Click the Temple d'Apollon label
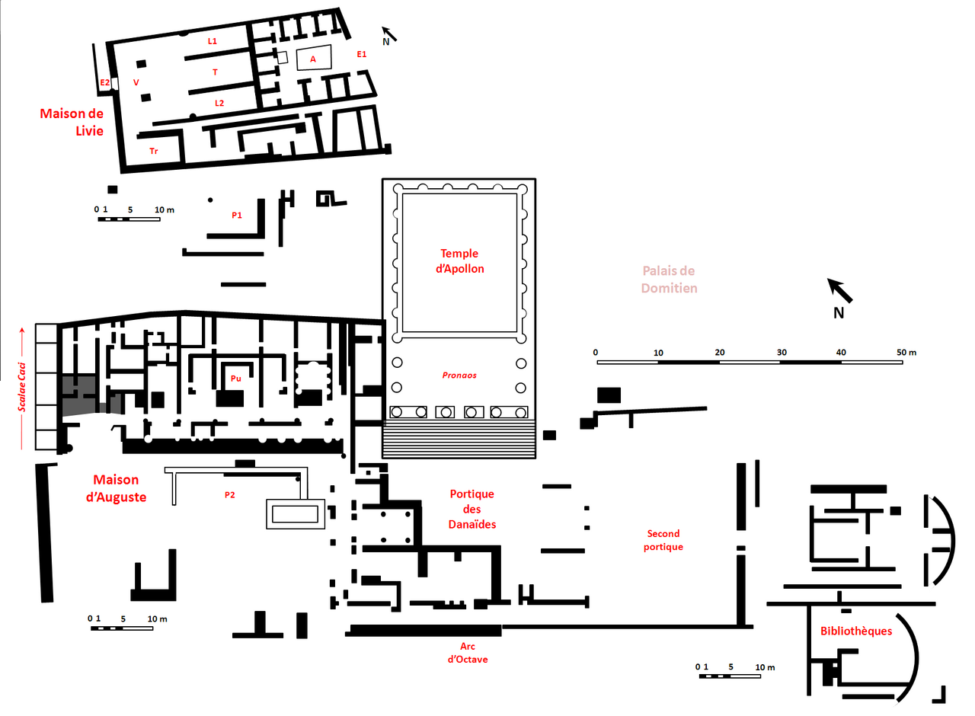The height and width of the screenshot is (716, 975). pos(459,261)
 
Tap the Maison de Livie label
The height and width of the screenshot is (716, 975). pos(72,123)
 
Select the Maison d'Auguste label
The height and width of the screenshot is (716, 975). pos(117,488)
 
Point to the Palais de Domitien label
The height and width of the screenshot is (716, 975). pos(669,280)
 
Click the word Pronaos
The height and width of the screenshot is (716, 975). pos(459,376)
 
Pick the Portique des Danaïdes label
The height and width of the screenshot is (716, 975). pos(472,510)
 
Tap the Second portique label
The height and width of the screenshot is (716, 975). pos(663,540)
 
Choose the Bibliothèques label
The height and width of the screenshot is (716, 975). pos(856,631)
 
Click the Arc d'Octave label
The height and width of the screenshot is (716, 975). pos(468,653)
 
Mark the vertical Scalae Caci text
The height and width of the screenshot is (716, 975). pos(22,387)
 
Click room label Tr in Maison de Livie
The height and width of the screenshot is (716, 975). pos(154,151)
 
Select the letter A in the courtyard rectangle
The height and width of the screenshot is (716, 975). pos(313,59)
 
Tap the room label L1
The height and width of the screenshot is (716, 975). pos(213,41)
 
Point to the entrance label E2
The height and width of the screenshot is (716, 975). pos(105,83)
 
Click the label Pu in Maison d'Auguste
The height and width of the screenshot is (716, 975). pos(236,379)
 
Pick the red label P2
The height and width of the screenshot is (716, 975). pos(230,495)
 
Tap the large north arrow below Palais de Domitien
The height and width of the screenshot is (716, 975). pos(840,291)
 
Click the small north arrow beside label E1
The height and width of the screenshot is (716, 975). pos(389,34)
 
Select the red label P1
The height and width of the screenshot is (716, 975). pos(237,215)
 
